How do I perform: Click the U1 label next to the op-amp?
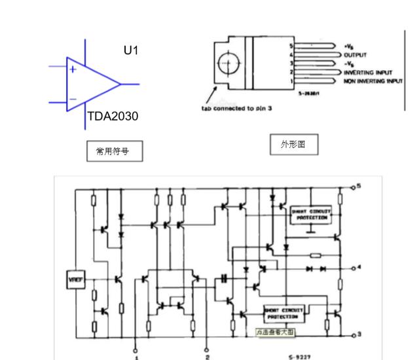(x=132, y=50)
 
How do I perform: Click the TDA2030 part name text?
(x=113, y=117)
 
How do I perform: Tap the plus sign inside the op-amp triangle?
(x=72, y=69)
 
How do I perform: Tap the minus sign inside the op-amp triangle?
(x=73, y=100)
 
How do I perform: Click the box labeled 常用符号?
(x=112, y=152)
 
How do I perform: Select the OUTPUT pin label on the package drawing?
(x=355, y=56)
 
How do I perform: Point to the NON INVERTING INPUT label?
(x=373, y=81)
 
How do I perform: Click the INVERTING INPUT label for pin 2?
(x=367, y=73)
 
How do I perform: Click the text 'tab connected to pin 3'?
(x=237, y=109)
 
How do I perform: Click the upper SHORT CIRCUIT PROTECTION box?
(x=311, y=215)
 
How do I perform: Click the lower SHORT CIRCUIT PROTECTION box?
(x=283, y=313)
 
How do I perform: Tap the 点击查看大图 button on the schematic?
(x=275, y=333)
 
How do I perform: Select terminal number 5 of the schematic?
(x=358, y=187)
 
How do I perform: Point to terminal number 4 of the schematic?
(x=358, y=268)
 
